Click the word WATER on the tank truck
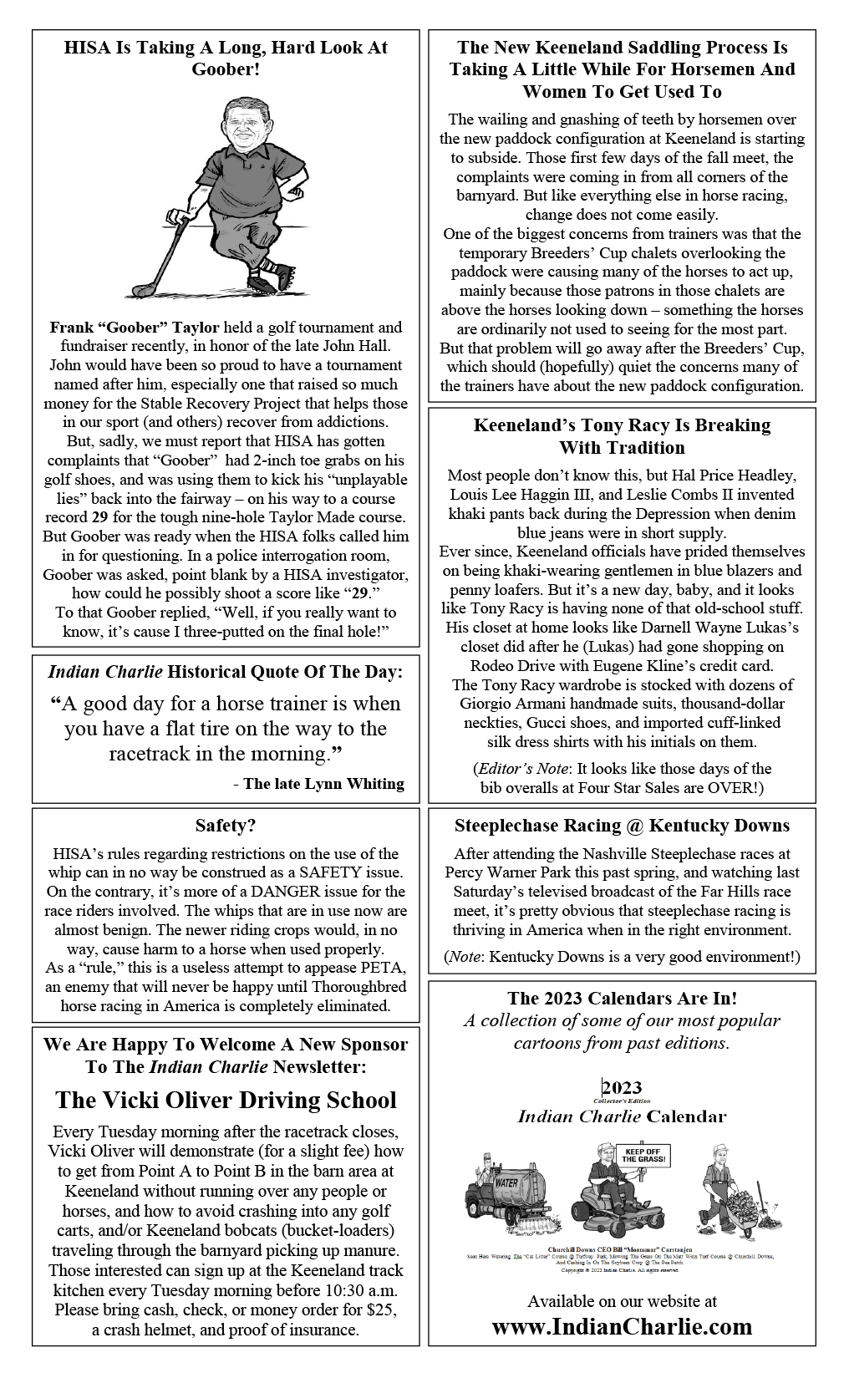(506, 1182)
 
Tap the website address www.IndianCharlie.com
(622, 1326)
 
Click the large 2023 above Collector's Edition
(622, 1087)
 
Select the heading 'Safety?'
(226, 826)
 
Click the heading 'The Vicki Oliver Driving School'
(226, 1100)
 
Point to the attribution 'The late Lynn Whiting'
(323, 784)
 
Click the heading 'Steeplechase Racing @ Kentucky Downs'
(622, 826)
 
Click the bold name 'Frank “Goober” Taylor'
(135, 328)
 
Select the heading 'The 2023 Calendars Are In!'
(622, 999)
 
